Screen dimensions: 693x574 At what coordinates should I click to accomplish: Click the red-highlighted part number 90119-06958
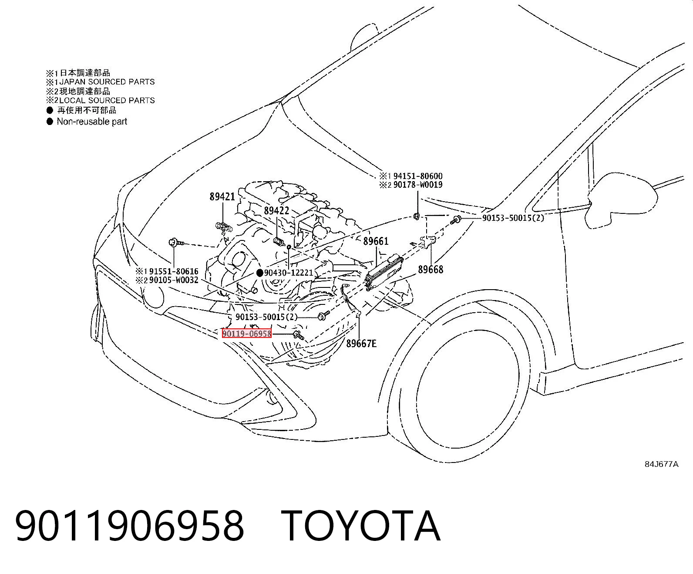(x=247, y=333)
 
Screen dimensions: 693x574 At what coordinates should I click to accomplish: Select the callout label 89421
(x=222, y=197)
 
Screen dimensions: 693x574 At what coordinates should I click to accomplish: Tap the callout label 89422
(x=276, y=210)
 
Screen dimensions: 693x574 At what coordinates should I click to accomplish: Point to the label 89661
(x=376, y=241)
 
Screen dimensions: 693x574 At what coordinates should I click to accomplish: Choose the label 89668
(x=431, y=269)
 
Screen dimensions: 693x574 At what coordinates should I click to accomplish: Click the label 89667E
(x=361, y=343)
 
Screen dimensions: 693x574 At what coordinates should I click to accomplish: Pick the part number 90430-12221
(x=289, y=273)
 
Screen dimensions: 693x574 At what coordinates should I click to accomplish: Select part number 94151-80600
(x=418, y=176)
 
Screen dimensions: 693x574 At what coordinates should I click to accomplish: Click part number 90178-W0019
(x=418, y=184)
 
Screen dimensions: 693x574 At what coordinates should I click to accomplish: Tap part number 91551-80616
(x=174, y=271)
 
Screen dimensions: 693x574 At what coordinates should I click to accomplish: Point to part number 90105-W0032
(x=174, y=280)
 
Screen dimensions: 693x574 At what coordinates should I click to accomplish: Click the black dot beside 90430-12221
(x=259, y=273)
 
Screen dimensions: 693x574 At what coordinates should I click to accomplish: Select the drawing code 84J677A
(x=662, y=464)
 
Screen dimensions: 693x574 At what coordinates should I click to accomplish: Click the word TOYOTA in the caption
(x=361, y=526)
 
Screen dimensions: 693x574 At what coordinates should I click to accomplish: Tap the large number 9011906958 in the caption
(x=129, y=526)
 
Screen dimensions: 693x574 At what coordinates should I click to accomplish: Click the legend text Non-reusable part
(x=92, y=121)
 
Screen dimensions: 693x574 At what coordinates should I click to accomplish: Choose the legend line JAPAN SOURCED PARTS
(x=107, y=82)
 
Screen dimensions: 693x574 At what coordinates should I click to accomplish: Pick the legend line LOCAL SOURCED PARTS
(x=107, y=100)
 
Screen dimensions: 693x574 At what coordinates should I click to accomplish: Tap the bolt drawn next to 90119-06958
(x=298, y=335)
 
